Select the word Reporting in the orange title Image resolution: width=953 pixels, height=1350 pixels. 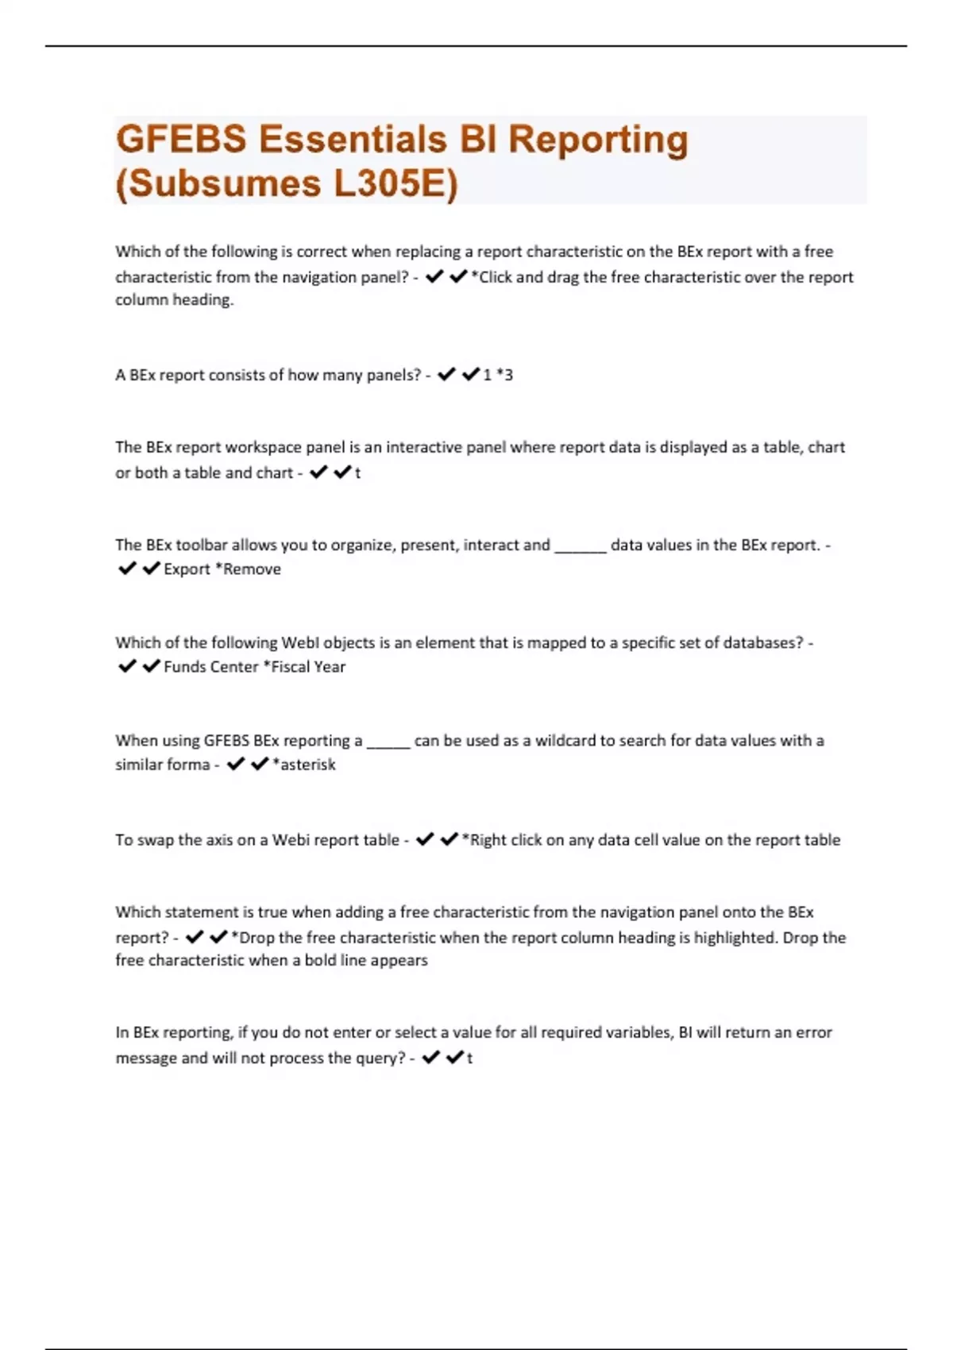click(598, 140)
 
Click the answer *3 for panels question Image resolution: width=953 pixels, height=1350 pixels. click(504, 375)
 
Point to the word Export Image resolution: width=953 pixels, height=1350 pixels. click(187, 569)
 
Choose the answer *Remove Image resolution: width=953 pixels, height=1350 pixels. click(249, 569)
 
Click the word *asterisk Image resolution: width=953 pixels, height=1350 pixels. click(303, 765)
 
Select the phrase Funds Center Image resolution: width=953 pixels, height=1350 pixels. click(210, 667)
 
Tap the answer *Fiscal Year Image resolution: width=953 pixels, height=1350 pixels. click(304, 667)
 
